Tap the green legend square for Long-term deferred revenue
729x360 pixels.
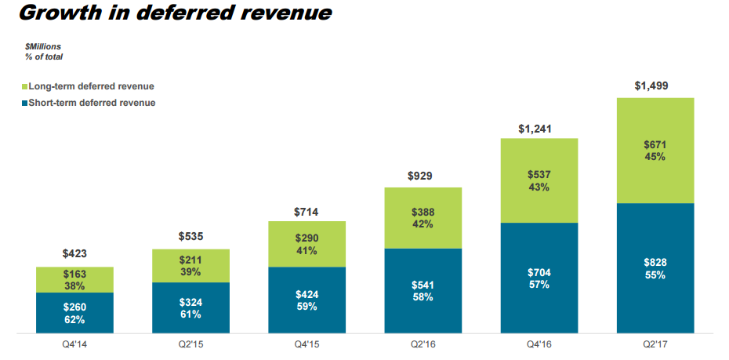click(25, 86)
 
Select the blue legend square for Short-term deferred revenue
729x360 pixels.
click(25, 103)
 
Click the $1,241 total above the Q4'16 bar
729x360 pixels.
click(539, 127)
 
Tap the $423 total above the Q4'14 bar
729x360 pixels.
click(74, 254)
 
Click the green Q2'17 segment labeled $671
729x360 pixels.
click(656, 151)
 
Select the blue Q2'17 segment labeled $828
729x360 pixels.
click(656, 268)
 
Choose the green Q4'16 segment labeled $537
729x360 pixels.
click(539, 180)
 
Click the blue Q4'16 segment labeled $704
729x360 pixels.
click(539, 278)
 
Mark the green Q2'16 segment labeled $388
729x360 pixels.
click(423, 218)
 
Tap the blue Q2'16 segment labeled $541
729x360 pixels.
click(423, 291)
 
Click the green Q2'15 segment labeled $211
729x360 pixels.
click(190, 266)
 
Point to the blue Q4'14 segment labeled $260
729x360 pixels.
click(74, 313)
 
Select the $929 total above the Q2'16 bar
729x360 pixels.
click(423, 176)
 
